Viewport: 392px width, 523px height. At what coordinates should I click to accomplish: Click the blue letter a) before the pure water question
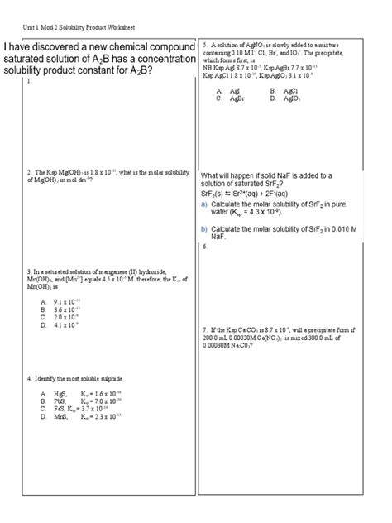click(x=203, y=204)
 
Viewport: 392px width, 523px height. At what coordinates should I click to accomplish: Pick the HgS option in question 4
click(x=57, y=394)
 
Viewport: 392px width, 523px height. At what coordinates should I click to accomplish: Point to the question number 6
click(x=203, y=247)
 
